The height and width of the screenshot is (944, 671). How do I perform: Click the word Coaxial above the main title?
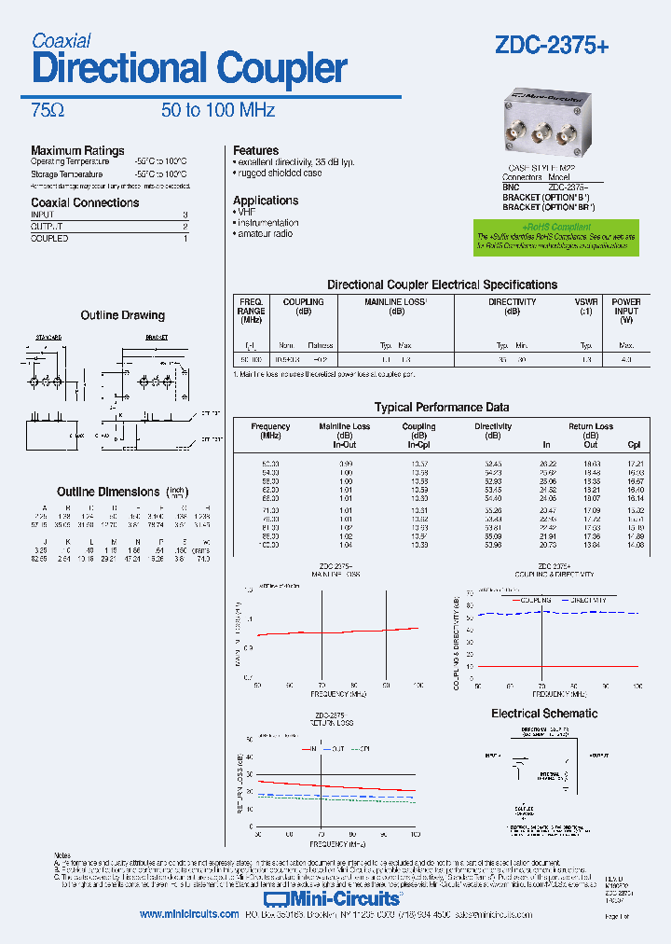pyautogui.click(x=61, y=40)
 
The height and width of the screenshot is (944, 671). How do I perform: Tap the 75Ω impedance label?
pyautogui.click(x=48, y=110)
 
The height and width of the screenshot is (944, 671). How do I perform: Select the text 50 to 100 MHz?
pyautogui.click(x=218, y=110)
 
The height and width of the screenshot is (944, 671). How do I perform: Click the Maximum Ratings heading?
pyautogui.click(x=77, y=150)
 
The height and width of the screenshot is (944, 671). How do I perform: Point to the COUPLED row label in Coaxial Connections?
pyautogui.click(x=49, y=239)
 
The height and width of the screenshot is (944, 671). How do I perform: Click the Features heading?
pyautogui.click(x=255, y=150)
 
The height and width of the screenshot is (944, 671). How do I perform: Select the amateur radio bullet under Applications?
pyautogui.click(x=267, y=234)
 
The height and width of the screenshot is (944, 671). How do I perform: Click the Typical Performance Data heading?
pyautogui.click(x=441, y=407)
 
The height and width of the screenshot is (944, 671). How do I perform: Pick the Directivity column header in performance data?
pyautogui.click(x=493, y=426)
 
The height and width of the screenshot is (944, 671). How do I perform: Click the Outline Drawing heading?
pyautogui.click(x=122, y=315)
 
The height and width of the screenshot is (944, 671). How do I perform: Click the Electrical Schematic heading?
pyautogui.click(x=544, y=713)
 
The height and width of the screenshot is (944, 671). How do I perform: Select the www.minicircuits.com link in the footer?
pyautogui.click(x=189, y=915)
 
